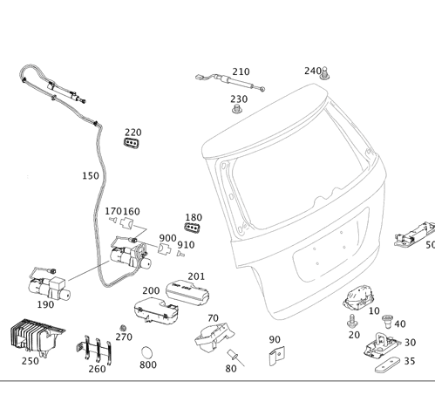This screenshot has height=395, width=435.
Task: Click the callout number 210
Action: point(241,72)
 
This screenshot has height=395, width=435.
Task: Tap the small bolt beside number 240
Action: point(324,73)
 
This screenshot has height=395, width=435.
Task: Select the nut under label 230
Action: point(237,109)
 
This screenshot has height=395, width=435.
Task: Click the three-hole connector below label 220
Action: point(132,143)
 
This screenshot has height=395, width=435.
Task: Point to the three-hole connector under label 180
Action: point(193,227)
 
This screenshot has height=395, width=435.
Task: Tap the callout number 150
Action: point(91,176)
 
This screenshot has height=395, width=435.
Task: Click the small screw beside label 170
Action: point(112,220)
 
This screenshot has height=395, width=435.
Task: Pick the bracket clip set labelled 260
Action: point(94,350)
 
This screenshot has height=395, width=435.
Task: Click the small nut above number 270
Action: point(123,328)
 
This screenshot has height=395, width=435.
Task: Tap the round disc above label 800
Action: point(146,352)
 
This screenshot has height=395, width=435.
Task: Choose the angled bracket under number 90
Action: point(276,356)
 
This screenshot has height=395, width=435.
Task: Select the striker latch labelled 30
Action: point(382,345)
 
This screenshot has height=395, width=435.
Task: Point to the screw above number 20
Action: point(352,321)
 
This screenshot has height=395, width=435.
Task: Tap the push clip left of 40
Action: point(387,320)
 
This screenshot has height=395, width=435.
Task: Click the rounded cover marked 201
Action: point(187,293)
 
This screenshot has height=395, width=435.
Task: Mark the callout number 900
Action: point(167,238)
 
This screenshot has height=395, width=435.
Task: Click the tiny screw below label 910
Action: point(180,255)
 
